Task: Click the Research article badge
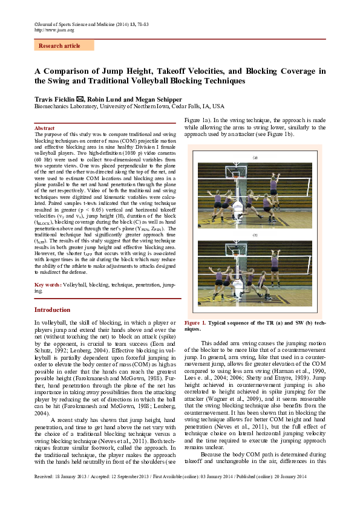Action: [59, 46]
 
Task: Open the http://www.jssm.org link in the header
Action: [54, 29]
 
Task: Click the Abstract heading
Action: [45, 129]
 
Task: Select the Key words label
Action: [48, 284]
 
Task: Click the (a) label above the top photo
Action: [255, 157]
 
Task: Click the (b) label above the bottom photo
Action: [255, 235]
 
